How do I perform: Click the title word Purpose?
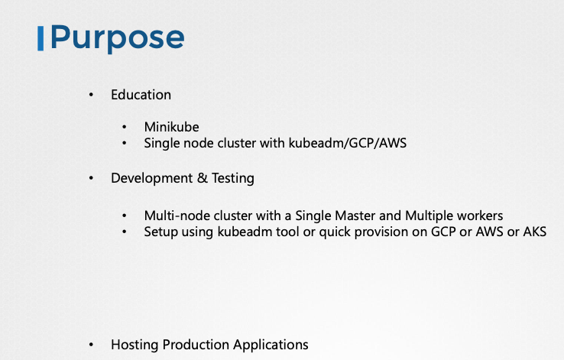[117, 37]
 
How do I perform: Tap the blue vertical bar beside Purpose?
[40, 37]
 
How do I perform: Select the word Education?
[141, 95]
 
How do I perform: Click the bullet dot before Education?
[92, 95]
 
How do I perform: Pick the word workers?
[480, 216]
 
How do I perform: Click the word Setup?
[160, 232]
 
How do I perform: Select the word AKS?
[533, 232]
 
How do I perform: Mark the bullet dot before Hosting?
[92, 345]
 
